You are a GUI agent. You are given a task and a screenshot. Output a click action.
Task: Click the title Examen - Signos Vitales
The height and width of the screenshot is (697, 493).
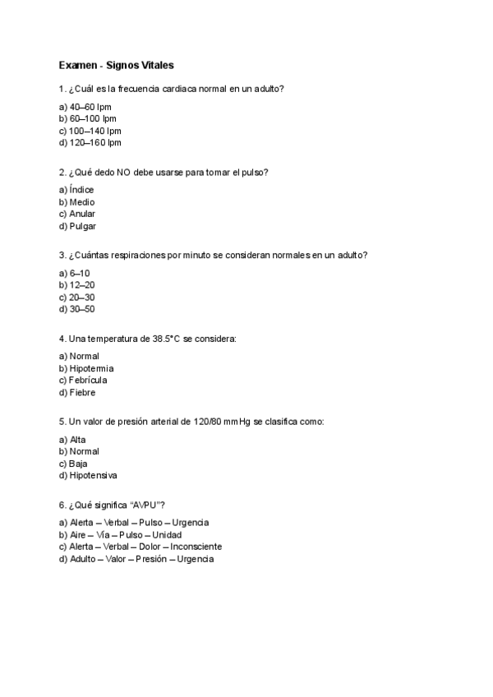pos(116,64)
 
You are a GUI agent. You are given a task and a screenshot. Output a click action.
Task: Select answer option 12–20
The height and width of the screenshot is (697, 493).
pos(77,285)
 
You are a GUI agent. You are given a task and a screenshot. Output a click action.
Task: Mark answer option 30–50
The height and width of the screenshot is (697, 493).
pos(77,309)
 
